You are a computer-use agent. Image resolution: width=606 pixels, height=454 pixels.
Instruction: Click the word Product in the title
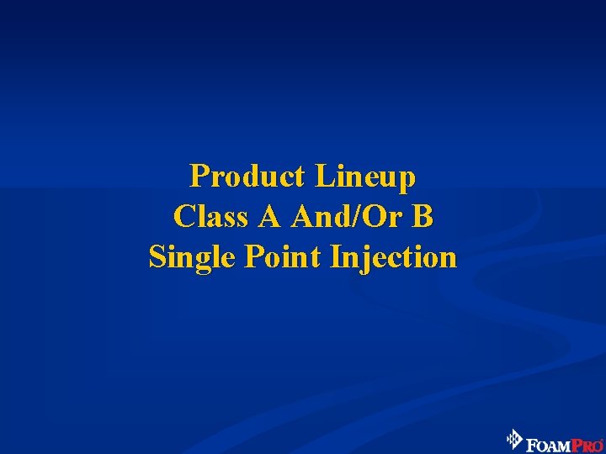click(247, 177)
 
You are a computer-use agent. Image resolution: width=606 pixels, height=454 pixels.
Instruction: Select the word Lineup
click(365, 177)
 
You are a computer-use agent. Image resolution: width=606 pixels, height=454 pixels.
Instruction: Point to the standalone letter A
click(270, 217)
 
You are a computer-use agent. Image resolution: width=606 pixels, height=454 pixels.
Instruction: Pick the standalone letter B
click(423, 217)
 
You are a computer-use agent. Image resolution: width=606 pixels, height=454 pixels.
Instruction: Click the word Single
click(193, 257)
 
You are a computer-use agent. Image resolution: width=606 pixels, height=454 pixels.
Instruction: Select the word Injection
click(394, 257)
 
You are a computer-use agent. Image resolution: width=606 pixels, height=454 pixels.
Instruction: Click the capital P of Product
click(199, 177)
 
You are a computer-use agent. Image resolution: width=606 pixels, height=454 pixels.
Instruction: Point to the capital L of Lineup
click(323, 177)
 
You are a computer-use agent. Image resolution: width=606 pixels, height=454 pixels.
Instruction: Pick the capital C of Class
click(183, 217)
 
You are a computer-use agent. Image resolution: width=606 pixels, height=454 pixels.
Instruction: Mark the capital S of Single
click(157, 256)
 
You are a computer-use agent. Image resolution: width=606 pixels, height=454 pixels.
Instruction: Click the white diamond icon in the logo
click(513, 439)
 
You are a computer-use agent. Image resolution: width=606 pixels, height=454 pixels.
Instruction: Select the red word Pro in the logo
click(587, 441)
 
